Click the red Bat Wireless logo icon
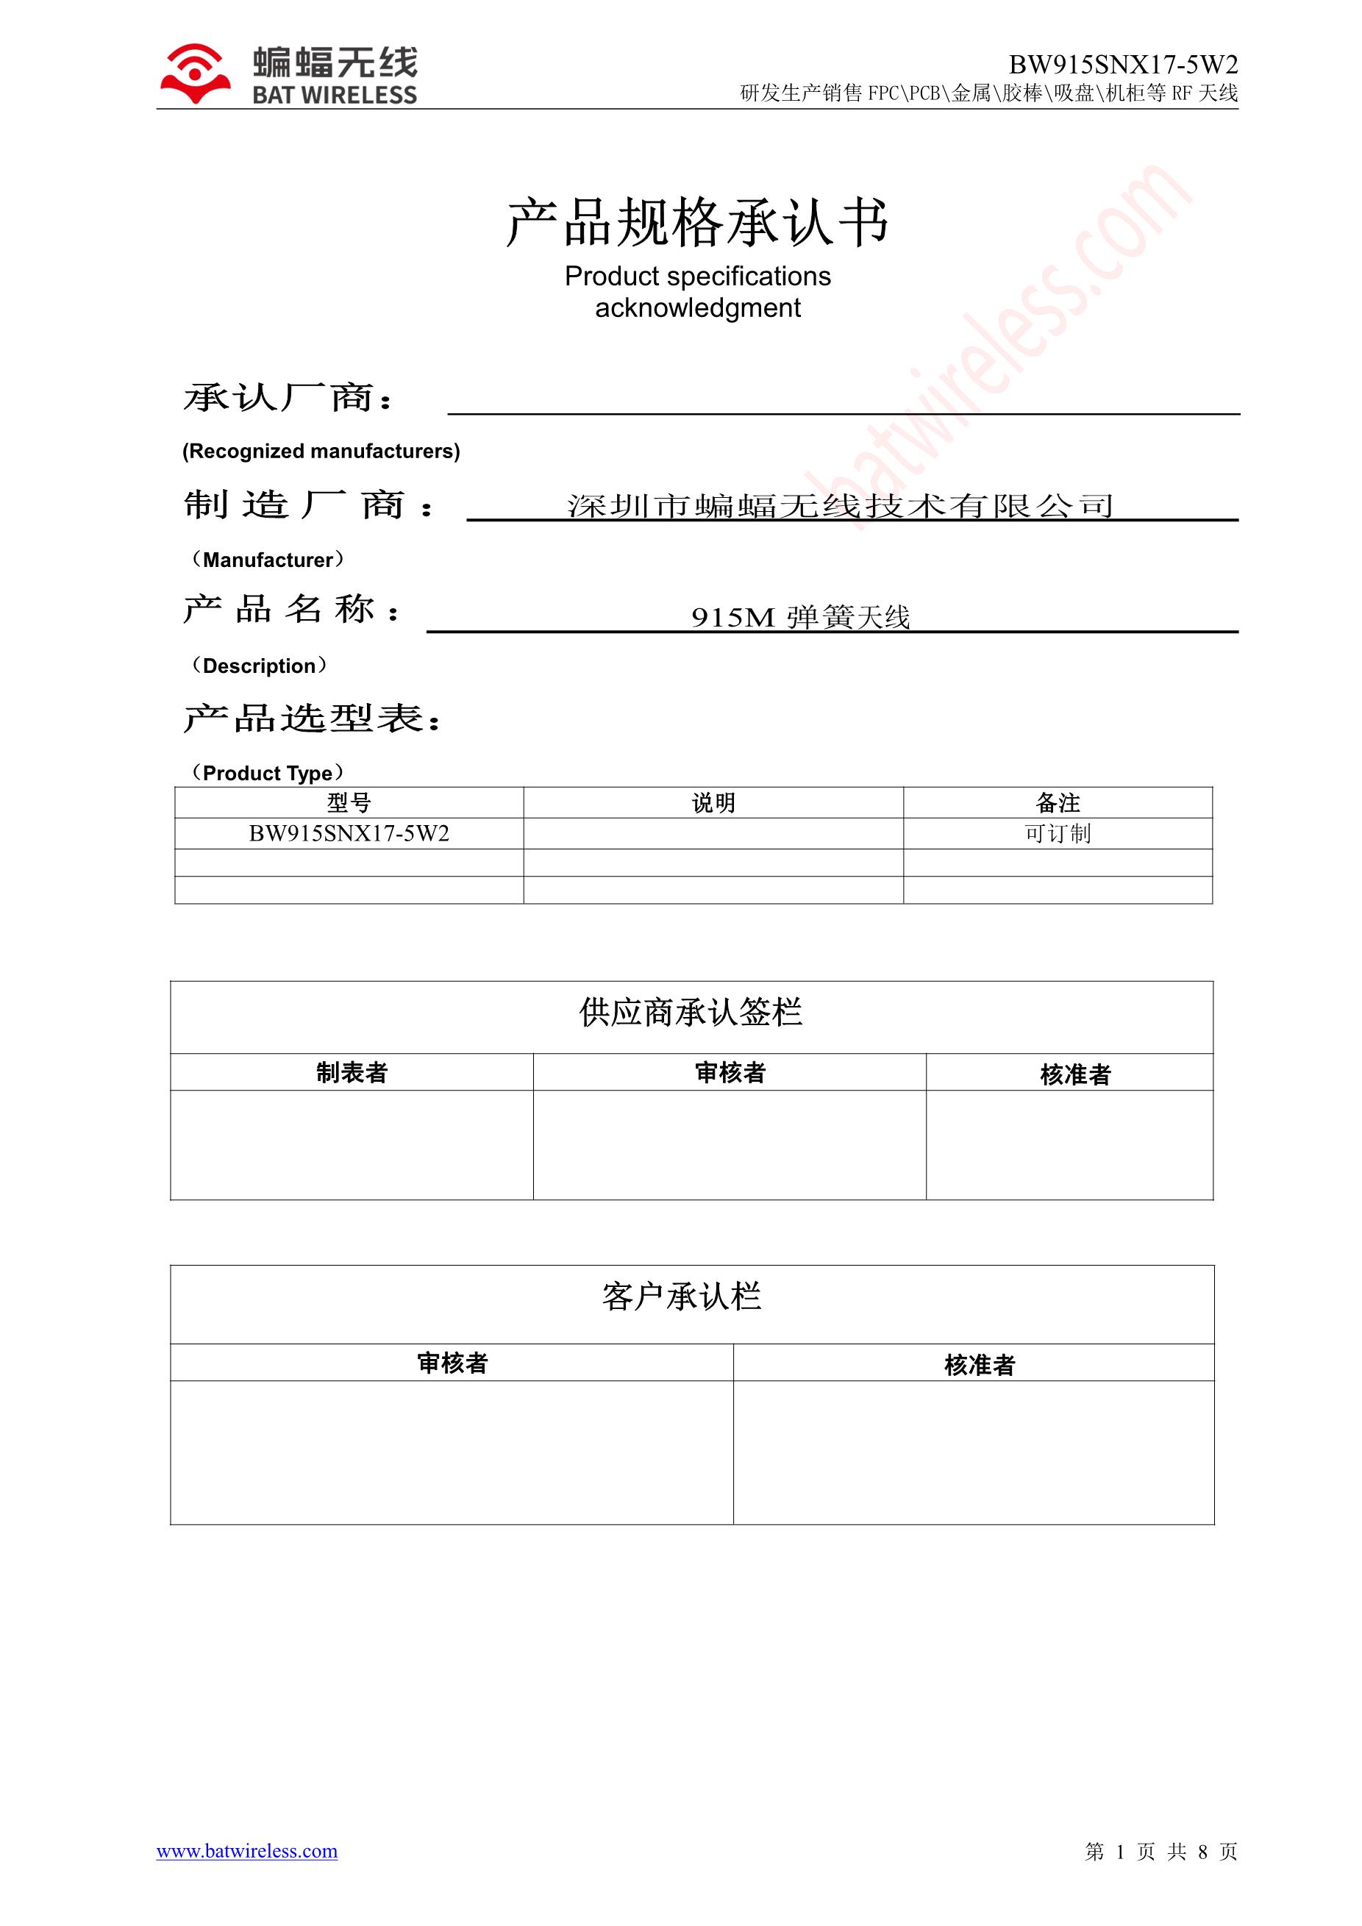coord(196,74)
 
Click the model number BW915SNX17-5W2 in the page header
coord(1122,65)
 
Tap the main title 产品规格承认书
coord(697,223)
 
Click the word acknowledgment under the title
coord(697,308)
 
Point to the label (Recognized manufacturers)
coord(321,452)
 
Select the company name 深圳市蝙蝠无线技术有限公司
coord(840,506)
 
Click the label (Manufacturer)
coord(268,560)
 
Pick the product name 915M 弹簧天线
coord(800,618)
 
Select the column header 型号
coord(349,803)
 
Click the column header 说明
coord(713,803)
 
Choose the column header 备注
coord(1058,803)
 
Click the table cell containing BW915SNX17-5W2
coord(349,834)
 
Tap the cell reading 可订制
coord(1058,834)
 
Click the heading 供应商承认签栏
coord(691,1013)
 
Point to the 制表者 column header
coord(352,1073)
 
